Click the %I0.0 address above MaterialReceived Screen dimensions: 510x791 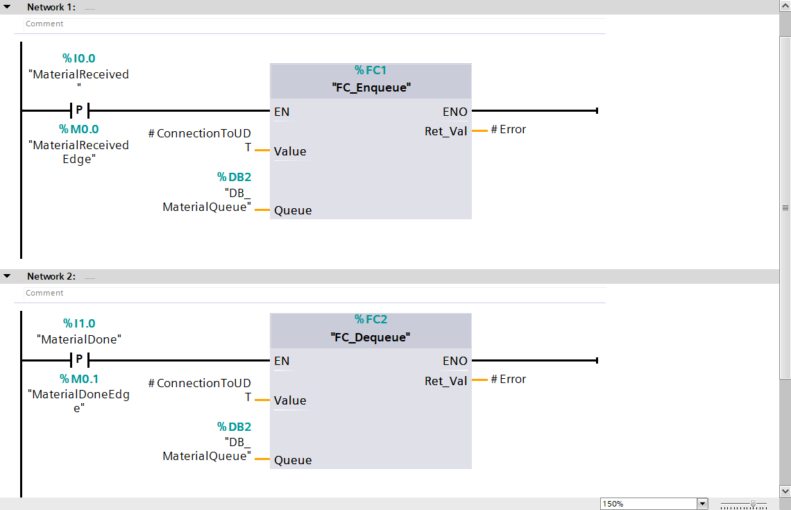point(78,59)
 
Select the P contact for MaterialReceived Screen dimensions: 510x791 point(79,110)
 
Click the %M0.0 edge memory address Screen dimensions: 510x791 point(78,129)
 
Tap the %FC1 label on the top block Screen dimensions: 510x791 point(371,70)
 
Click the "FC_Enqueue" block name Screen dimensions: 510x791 point(371,87)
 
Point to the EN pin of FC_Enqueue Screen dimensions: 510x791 point(282,112)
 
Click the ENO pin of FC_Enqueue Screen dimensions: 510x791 point(455,112)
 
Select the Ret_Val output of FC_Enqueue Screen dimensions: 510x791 point(446,131)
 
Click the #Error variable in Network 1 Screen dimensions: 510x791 point(509,130)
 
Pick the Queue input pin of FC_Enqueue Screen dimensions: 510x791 point(293,211)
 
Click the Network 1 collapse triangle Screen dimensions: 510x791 point(7,7)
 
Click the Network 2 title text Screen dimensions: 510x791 point(51,276)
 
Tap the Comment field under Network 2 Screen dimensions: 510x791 point(44,293)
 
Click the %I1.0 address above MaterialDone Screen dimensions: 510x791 point(78,323)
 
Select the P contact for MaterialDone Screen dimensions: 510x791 point(79,360)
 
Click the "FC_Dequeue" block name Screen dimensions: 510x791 point(371,337)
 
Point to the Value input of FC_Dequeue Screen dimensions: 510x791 point(290,400)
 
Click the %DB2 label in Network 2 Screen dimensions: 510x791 point(234,427)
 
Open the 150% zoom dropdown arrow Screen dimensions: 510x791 point(702,504)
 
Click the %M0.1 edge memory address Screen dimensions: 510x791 point(78,379)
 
